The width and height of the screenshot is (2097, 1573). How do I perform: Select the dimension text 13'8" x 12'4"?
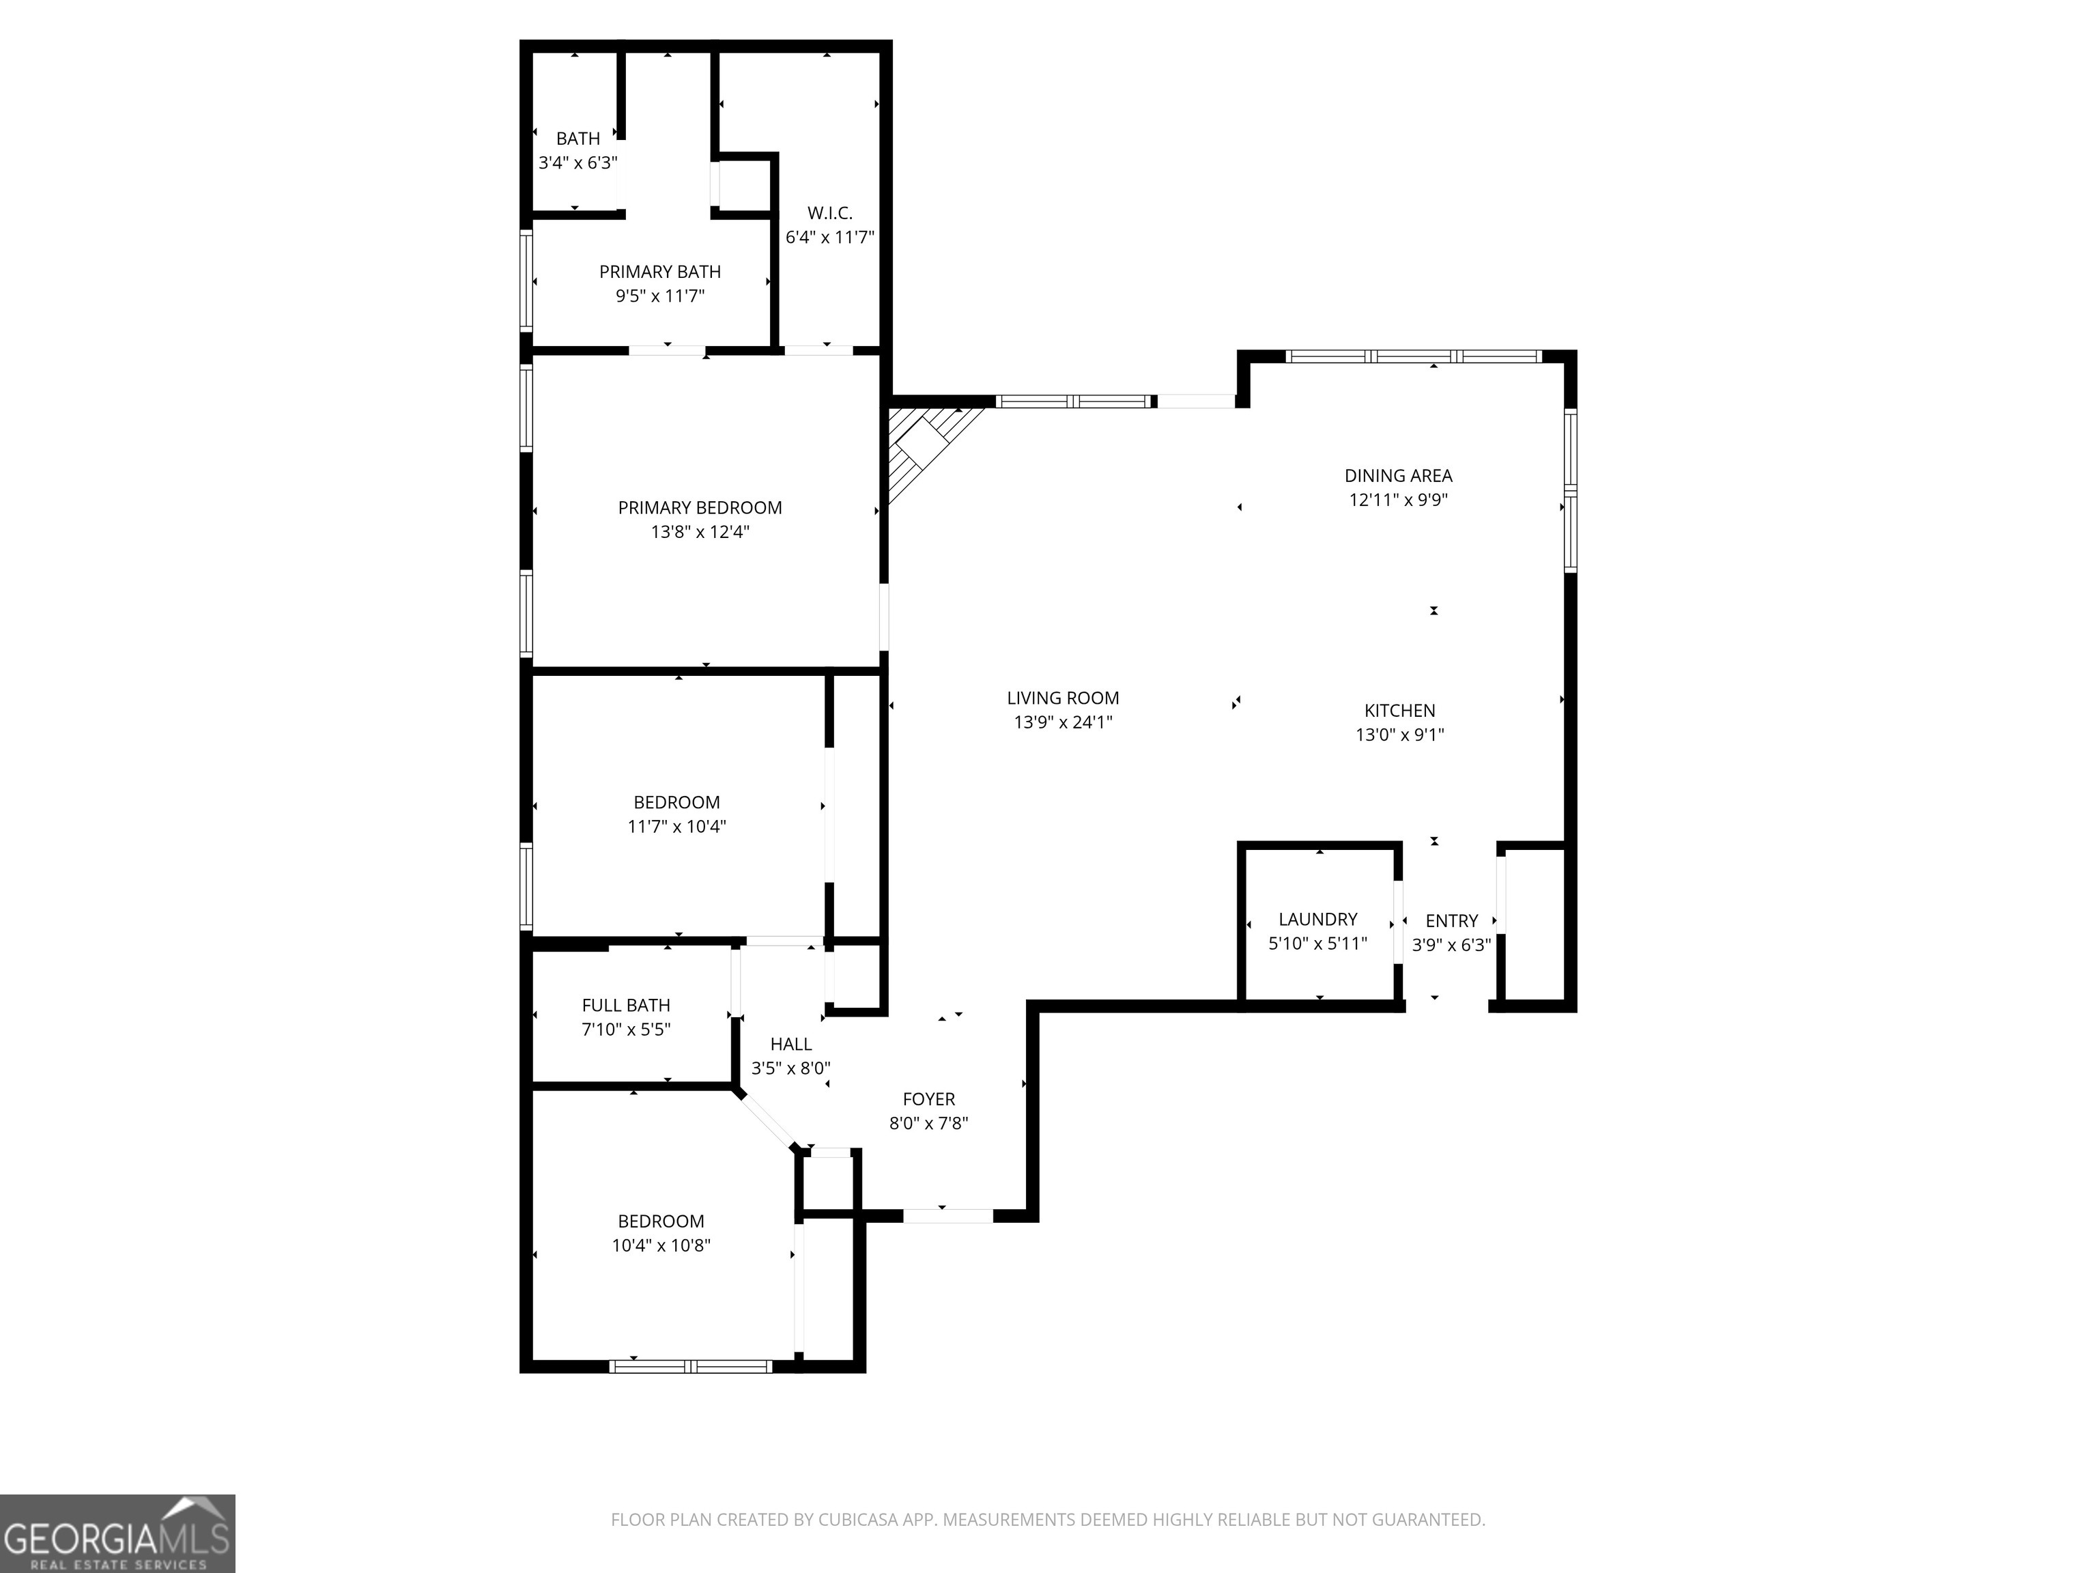(700, 532)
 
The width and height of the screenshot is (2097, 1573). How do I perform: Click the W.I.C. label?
(829, 213)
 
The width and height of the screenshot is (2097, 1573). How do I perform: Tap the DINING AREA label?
(1397, 476)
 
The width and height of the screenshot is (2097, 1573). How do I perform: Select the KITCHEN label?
(1399, 710)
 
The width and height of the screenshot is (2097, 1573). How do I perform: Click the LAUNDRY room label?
(1317, 919)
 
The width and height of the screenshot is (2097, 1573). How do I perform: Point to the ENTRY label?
(1451, 921)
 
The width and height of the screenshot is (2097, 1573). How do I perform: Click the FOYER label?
(928, 1099)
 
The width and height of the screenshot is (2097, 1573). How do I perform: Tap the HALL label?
(790, 1044)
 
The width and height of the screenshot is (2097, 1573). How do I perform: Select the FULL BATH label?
(626, 1005)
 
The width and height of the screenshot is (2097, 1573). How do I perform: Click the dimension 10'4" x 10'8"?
(661, 1245)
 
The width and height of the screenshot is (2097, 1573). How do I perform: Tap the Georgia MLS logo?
(117, 1533)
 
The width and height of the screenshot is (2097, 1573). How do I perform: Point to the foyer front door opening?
(947, 1215)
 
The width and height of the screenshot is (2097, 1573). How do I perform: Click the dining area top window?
(1412, 356)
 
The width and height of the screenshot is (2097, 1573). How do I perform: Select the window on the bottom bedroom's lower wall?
(690, 1366)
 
